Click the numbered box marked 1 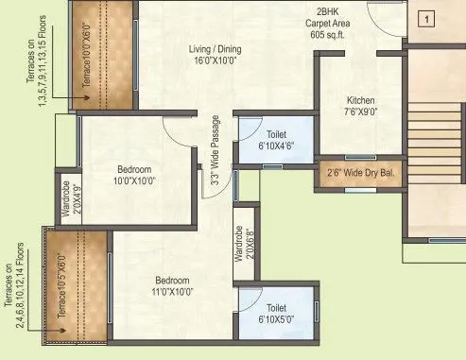(x=425, y=19)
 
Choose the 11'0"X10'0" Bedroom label (x=172, y=286)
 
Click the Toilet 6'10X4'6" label (x=276, y=141)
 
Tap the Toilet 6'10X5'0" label (x=276, y=313)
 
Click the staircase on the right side (x=434, y=150)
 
